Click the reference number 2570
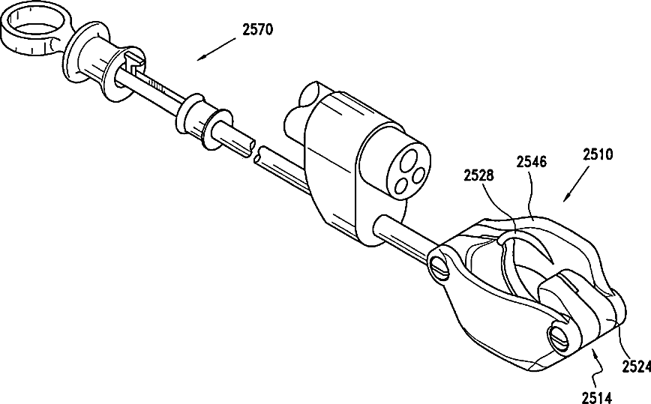click(x=258, y=31)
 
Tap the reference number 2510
click(x=598, y=156)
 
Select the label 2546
click(x=530, y=161)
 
